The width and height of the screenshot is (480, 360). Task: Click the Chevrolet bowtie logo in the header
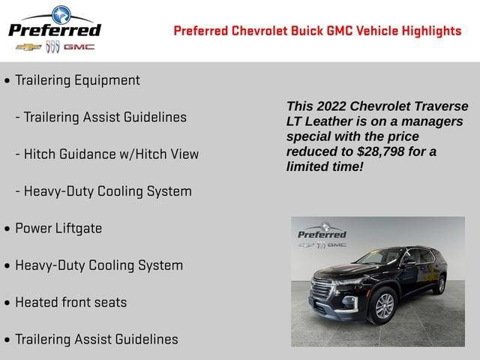(28, 46)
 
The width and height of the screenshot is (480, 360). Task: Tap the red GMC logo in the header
(79, 46)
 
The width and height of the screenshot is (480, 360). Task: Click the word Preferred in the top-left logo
(54, 30)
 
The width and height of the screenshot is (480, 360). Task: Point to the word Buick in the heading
(300, 31)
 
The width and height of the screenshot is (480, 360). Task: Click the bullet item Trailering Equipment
(77, 80)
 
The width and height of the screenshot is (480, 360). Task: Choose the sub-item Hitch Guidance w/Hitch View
(111, 154)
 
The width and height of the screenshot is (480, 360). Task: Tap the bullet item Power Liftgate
(58, 229)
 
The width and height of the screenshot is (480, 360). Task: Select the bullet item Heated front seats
(71, 303)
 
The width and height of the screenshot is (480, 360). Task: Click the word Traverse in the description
(438, 106)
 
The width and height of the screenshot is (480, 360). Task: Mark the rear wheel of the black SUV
(441, 284)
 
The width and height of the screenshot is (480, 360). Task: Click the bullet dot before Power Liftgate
(7, 229)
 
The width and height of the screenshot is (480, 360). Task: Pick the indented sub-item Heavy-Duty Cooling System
(107, 191)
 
